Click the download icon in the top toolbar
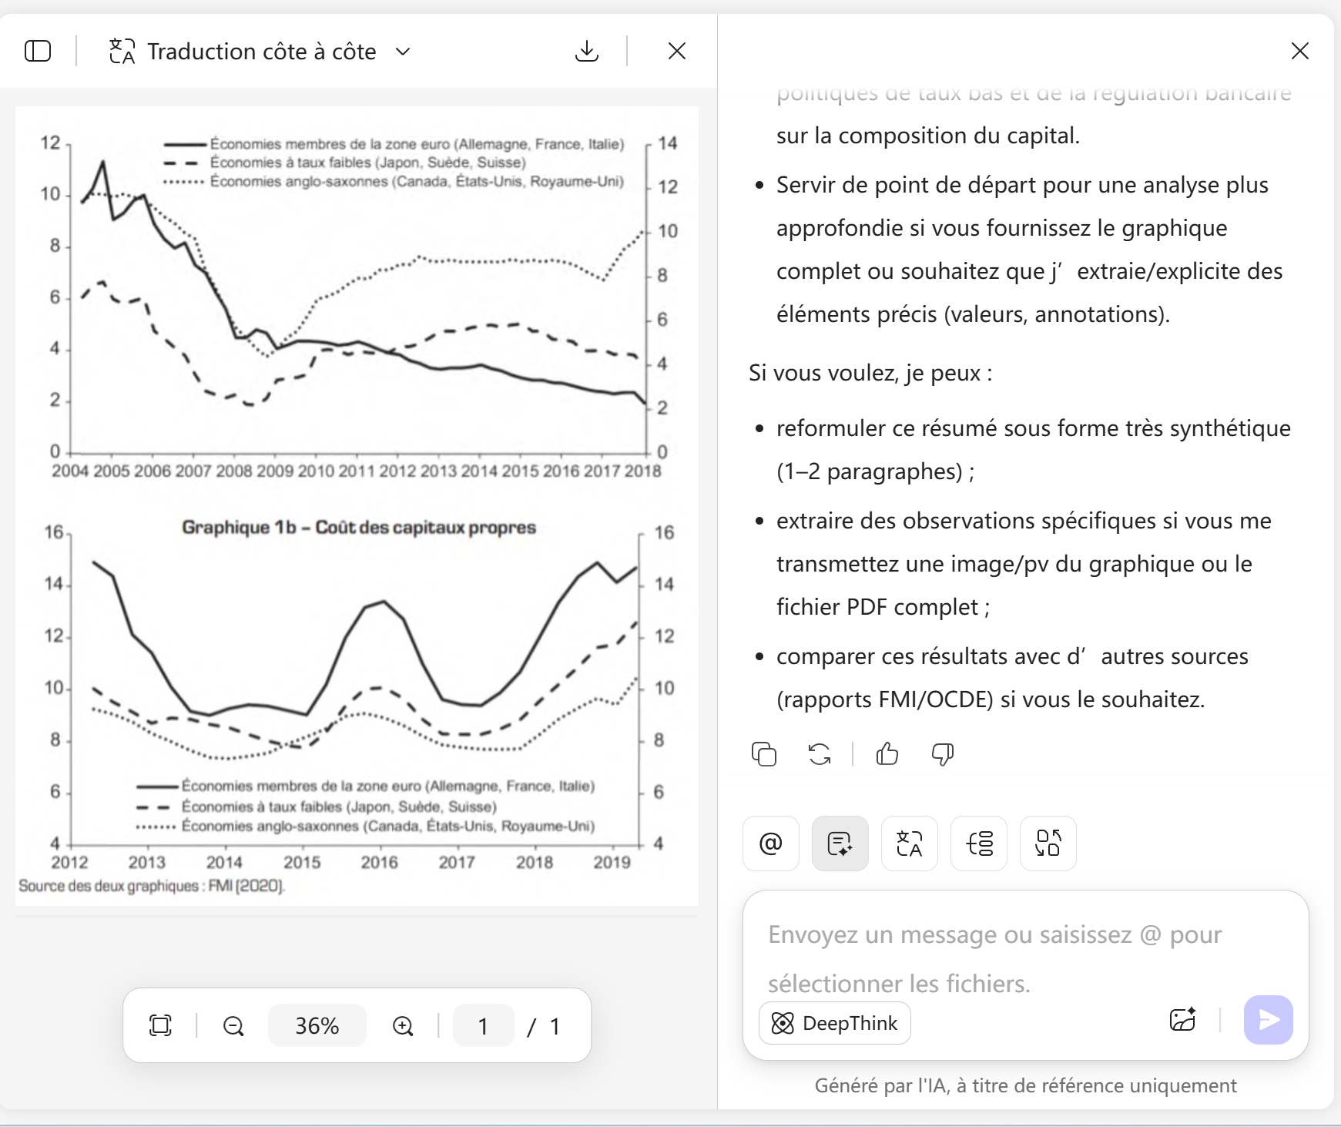pos(587,51)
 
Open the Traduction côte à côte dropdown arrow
pos(403,52)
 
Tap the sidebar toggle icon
pos(38,51)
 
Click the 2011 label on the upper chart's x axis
pos(356,471)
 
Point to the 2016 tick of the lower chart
pos(379,862)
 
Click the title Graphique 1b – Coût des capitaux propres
pos(358,528)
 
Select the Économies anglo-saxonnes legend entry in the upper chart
pos(416,182)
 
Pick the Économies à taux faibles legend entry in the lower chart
pos(339,807)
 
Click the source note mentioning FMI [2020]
pos(152,886)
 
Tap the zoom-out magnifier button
pos(233,1026)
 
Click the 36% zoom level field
pos(317,1026)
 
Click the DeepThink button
pos(835,1023)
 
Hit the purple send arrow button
pos(1268,1020)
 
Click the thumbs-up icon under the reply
pos(887,754)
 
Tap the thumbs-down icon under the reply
pos(943,754)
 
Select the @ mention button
pos(770,844)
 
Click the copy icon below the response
pos(764,754)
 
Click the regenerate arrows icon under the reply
pos(820,754)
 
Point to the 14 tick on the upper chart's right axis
pos(667,143)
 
